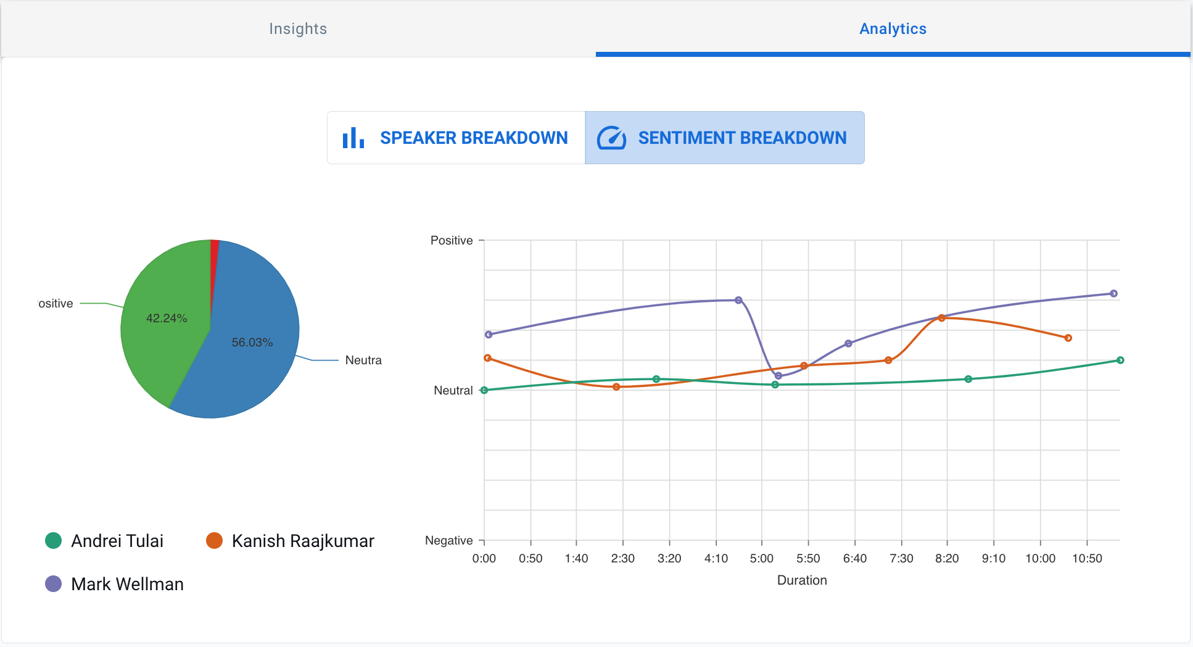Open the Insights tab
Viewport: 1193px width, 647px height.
point(298,29)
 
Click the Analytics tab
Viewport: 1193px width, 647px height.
point(893,29)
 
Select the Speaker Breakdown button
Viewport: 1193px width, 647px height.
point(473,138)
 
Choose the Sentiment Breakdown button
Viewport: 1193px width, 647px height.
point(742,138)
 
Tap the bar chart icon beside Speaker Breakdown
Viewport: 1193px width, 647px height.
point(353,138)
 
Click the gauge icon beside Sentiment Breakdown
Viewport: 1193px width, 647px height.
point(611,138)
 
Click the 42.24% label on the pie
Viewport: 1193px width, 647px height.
point(167,318)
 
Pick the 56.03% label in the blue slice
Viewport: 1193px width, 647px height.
point(252,342)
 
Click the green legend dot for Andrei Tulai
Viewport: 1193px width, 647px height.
point(54,541)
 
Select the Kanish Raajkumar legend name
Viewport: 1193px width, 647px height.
point(302,541)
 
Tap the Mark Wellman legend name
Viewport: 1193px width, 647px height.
point(127,584)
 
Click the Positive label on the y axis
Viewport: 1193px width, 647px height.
point(452,240)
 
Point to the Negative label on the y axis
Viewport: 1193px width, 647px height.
point(448,540)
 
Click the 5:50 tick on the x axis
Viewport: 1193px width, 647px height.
point(808,558)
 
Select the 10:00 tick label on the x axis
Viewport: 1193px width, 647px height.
point(1040,558)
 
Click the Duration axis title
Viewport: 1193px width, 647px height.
point(801,580)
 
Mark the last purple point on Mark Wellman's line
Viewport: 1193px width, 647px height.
point(1113,293)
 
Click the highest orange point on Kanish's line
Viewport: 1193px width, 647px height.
point(941,318)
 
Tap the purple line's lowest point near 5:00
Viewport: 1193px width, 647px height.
point(778,375)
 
